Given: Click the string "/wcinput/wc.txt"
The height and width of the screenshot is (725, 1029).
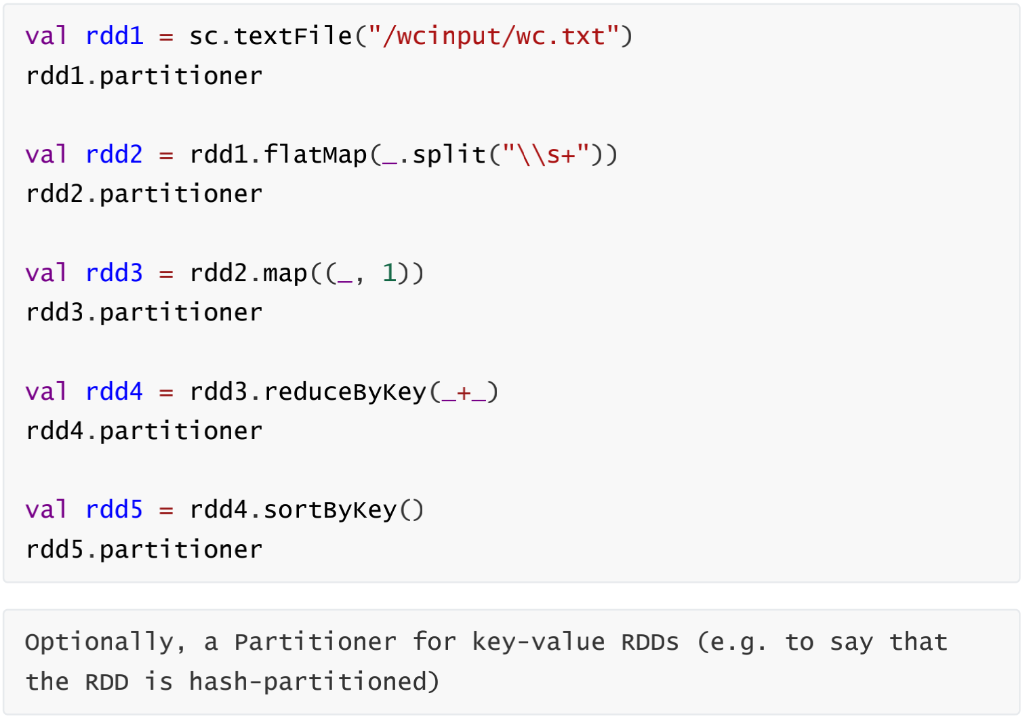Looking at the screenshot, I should click(x=493, y=36).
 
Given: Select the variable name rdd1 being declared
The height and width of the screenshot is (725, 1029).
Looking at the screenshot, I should click(x=115, y=36).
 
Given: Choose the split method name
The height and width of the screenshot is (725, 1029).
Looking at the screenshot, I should click(x=449, y=154).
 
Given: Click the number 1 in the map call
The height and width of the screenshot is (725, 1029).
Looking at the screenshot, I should click(x=389, y=273).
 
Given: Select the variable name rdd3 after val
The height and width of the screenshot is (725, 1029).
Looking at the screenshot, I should click(x=115, y=273).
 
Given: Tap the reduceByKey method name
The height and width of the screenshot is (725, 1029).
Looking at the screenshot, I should click(x=344, y=392).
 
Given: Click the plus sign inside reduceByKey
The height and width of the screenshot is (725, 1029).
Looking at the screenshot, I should click(x=464, y=392).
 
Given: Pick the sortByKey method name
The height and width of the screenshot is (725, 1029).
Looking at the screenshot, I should click(x=329, y=510).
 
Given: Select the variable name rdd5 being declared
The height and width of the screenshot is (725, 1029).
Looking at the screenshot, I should click(x=115, y=510).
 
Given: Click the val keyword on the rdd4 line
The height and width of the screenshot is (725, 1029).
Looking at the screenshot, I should click(x=47, y=392).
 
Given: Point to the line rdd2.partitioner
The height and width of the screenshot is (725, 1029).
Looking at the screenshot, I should click(x=144, y=194).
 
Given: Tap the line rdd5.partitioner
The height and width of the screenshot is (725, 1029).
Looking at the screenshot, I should click(x=144, y=550).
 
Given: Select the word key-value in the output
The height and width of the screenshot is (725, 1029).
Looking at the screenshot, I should click(x=538, y=642).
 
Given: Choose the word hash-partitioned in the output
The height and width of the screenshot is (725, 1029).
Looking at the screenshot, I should click(x=315, y=682).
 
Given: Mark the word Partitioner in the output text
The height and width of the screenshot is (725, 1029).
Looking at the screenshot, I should click(x=315, y=642).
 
